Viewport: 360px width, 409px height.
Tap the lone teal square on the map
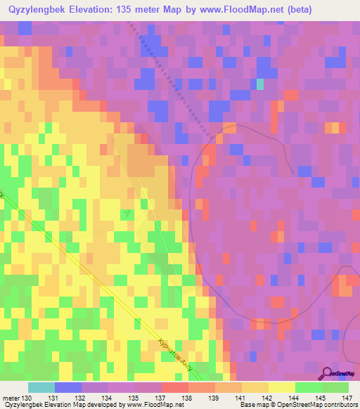tap(260, 84)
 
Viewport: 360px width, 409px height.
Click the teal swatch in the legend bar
tap(41, 387)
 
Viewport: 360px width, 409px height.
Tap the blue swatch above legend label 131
tap(68, 387)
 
